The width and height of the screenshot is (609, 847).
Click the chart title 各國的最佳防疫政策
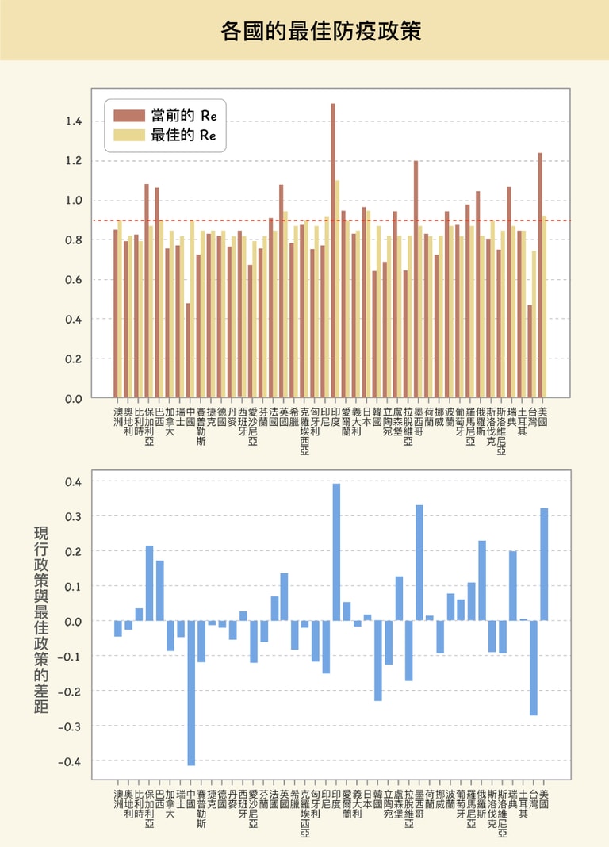pos(320,31)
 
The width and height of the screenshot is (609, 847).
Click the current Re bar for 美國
pos(540,278)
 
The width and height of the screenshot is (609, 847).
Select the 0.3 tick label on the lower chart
pos(73,516)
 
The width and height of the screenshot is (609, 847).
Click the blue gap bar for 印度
pos(336,552)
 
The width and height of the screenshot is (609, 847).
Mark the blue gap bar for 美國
pos(544,564)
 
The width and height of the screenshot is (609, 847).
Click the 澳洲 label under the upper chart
pos(119,417)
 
